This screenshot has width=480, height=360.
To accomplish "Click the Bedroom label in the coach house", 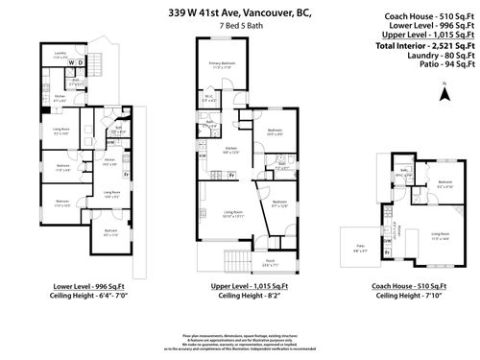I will (444, 182).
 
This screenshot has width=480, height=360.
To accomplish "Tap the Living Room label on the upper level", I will (230, 213).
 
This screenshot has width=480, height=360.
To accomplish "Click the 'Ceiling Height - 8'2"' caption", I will (236, 296).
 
